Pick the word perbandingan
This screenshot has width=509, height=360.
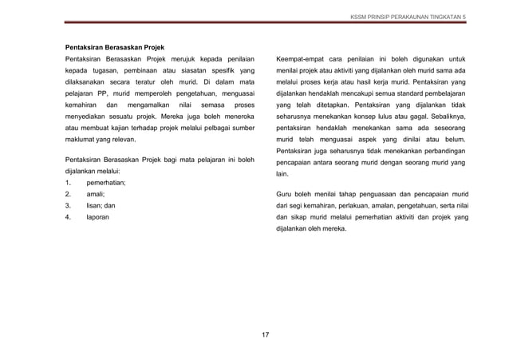coord(440,148)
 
